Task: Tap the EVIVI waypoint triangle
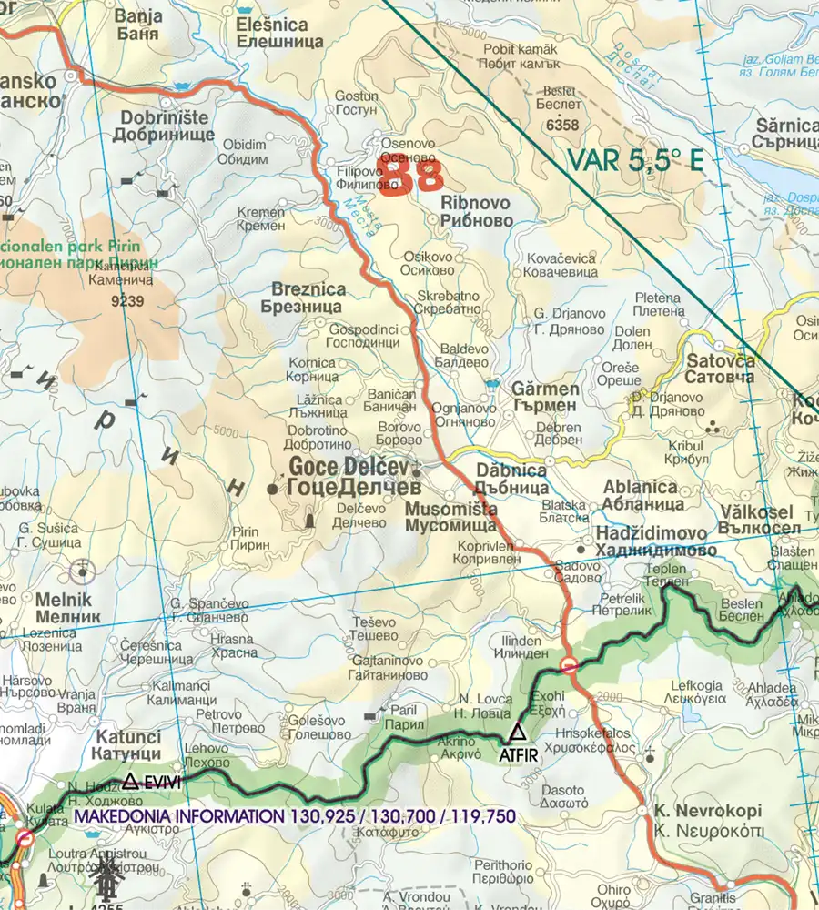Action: pyautogui.click(x=131, y=781)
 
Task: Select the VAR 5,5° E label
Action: pyautogui.click(x=635, y=161)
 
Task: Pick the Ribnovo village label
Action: pyautogui.click(x=476, y=203)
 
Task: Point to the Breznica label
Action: pyautogui.click(x=309, y=289)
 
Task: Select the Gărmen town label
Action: pyautogui.click(x=546, y=389)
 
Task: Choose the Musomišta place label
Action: pyautogui.click(x=450, y=510)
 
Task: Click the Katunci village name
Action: pyautogui.click(x=126, y=736)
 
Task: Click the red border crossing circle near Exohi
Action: pyautogui.click(x=569, y=665)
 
